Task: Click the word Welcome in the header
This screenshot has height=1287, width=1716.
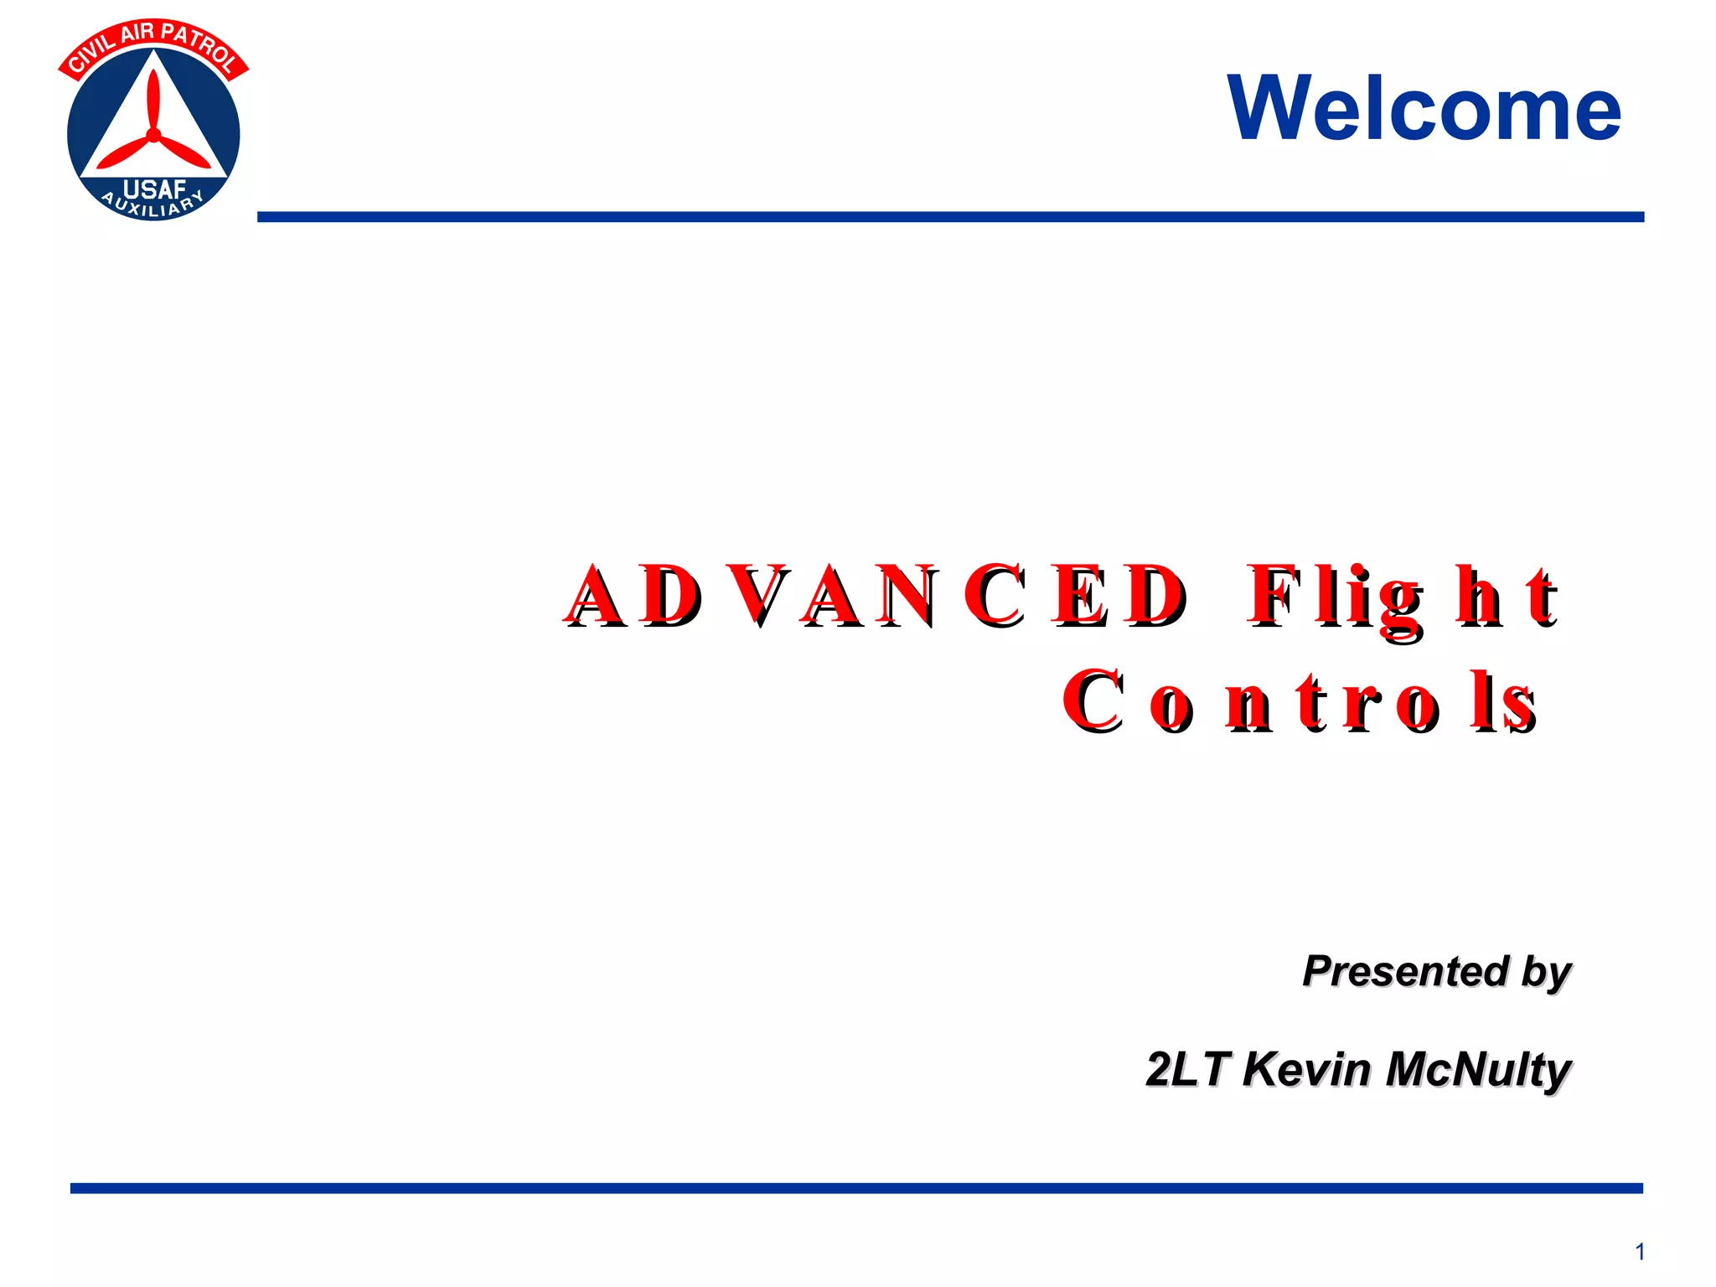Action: click(1424, 109)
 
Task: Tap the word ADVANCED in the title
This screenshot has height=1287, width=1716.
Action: click(876, 596)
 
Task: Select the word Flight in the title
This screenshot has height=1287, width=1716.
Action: click(1403, 596)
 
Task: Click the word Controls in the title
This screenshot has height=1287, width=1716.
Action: click(1299, 702)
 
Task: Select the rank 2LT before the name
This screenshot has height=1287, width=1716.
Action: click(1187, 1069)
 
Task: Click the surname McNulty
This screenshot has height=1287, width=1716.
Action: click(1479, 1071)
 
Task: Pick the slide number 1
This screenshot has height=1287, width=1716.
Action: click(1640, 1252)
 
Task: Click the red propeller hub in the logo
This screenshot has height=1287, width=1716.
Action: click(153, 134)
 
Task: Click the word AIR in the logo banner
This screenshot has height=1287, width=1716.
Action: click(137, 34)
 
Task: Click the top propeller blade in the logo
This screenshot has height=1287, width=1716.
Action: click(153, 97)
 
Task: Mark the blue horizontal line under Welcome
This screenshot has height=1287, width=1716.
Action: click(950, 217)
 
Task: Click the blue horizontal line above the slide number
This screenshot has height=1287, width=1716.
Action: click(856, 1188)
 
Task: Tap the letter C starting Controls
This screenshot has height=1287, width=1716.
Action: click(1093, 702)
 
